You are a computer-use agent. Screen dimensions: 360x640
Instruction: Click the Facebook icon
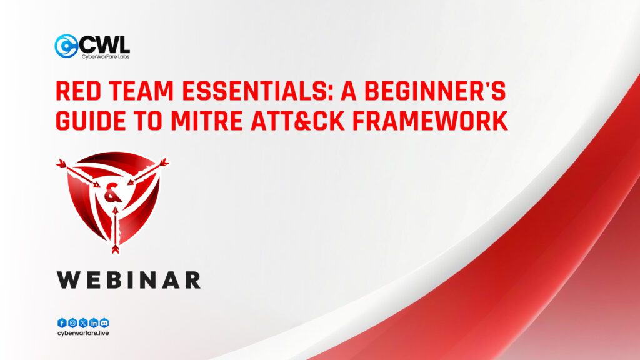[x=62, y=323]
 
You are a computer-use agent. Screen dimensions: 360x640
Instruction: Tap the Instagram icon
[x=72, y=323]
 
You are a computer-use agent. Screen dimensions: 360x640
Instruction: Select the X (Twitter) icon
[x=83, y=323]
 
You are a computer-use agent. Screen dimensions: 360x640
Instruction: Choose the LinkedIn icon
[x=94, y=323]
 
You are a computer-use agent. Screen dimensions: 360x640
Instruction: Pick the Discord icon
[x=104, y=323]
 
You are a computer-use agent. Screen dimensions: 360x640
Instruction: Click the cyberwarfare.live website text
[x=83, y=334]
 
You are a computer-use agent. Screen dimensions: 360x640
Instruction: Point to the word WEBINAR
[x=129, y=279]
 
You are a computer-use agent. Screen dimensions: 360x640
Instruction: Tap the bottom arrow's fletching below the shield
[x=115, y=249]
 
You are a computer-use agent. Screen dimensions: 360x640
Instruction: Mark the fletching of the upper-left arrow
[x=61, y=163]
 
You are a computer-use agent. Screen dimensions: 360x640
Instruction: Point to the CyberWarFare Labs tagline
[x=104, y=56]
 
